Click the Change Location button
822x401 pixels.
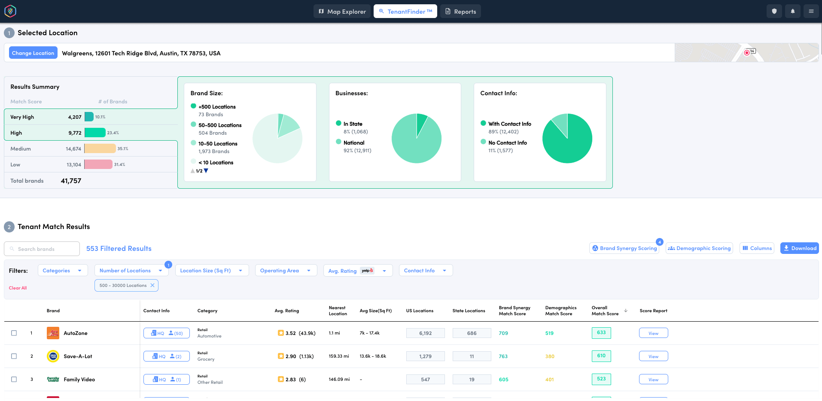pos(33,53)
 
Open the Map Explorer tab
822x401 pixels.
pos(342,12)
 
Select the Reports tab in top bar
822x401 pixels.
pos(460,12)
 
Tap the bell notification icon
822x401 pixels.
pos(792,11)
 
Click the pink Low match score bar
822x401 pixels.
pos(98,165)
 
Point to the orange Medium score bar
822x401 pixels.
pos(100,149)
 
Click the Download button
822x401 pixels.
pos(799,248)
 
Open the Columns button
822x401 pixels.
pos(757,248)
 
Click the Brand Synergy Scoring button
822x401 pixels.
pos(624,248)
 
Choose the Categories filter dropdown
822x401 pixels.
pos(62,271)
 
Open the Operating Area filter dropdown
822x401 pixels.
pos(286,271)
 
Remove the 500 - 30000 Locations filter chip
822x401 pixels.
pos(152,286)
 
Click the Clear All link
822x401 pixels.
pos(18,288)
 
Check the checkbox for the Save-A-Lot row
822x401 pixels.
pos(14,356)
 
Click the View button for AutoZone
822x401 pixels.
pos(653,333)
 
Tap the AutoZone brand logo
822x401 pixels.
pos(53,333)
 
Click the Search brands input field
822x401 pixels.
pos(42,249)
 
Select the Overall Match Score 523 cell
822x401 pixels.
pos(601,379)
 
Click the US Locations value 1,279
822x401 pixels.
pos(425,356)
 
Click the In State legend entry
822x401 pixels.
pos(353,124)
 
